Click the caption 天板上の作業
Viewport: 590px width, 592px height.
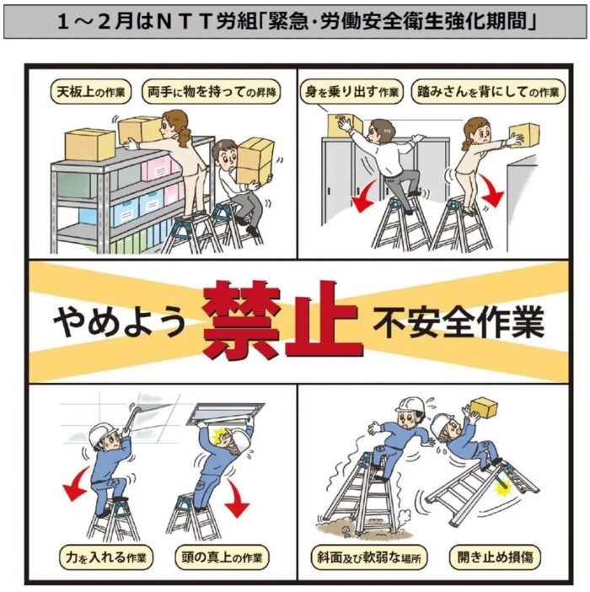[x=90, y=92]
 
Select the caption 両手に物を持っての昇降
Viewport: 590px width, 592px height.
[x=212, y=92]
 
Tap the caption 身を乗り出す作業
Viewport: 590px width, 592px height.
[x=351, y=92]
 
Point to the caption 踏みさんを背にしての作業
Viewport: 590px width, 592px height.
[x=488, y=92]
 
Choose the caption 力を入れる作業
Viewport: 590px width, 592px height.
[x=106, y=557]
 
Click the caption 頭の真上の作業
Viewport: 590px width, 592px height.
[x=222, y=557]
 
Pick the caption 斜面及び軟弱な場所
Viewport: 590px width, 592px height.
[x=369, y=557]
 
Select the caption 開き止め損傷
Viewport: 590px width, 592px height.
[x=495, y=557]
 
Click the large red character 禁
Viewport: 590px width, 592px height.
[x=242, y=321]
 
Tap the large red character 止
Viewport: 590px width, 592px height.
[x=324, y=319]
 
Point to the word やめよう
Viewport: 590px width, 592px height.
[x=119, y=321]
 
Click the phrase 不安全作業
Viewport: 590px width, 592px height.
[x=459, y=321]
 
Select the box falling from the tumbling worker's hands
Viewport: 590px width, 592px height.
[x=484, y=407]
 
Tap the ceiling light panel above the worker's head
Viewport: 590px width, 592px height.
[x=225, y=415]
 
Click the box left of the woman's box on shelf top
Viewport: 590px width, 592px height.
[x=90, y=144]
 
